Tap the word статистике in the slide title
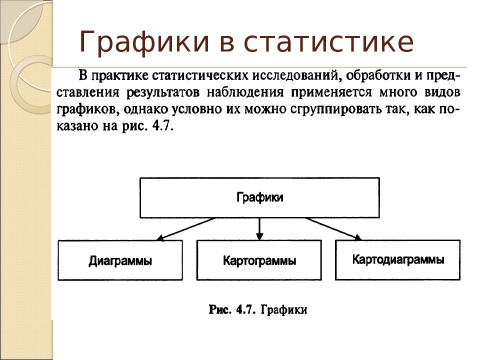point(329,41)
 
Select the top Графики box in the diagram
point(259,198)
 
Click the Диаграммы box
point(120,260)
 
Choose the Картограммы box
point(259,260)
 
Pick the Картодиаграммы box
point(398,260)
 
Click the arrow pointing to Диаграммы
point(186,228)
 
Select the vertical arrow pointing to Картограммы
point(259,229)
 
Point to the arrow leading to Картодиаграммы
point(333,228)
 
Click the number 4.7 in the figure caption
point(246,310)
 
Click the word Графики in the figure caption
point(284,310)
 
